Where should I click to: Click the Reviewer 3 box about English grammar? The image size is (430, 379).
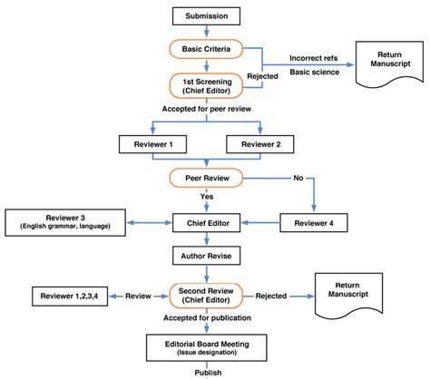pos(65,220)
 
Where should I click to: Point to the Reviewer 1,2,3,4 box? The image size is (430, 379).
pos(70,296)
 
